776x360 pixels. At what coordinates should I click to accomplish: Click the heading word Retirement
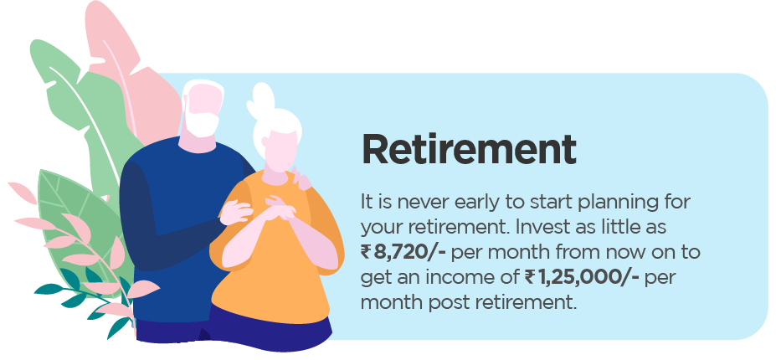point(469,149)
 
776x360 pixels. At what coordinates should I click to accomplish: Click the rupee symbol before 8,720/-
point(367,251)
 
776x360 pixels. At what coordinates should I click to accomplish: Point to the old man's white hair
point(201,90)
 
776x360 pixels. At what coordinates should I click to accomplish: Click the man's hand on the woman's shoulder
point(299,179)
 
